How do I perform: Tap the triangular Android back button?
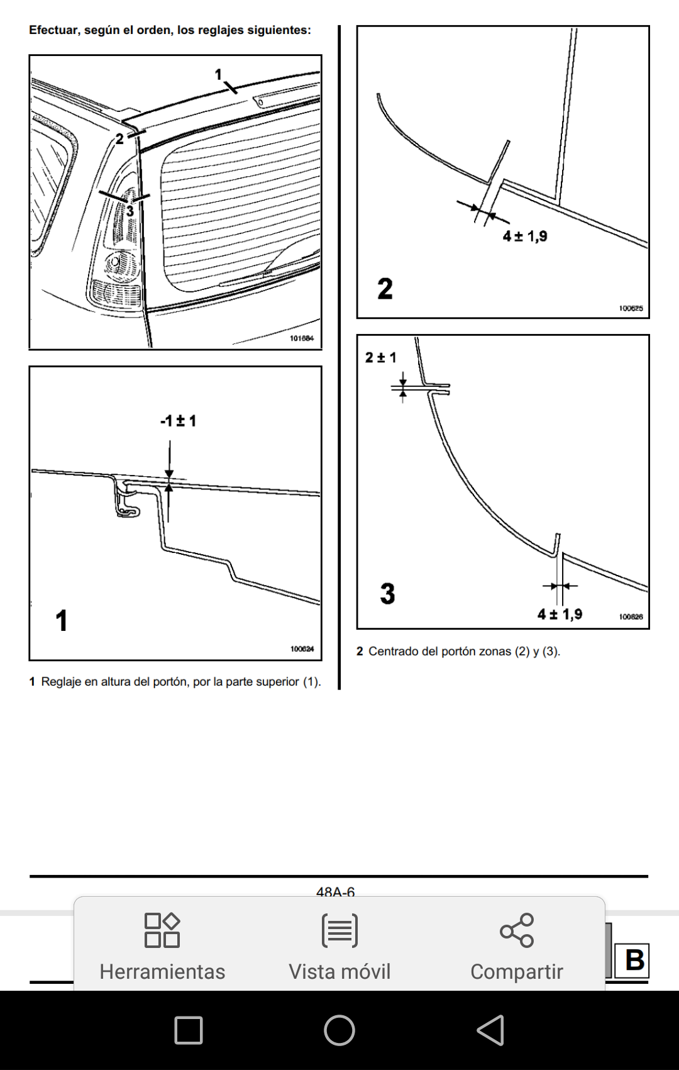[x=491, y=1030]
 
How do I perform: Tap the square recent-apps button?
[x=188, y=1030]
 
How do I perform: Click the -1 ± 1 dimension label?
[x=179, y=421]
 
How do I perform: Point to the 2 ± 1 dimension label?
[x=381, y=358]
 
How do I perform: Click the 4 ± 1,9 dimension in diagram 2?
[x=525, y=237]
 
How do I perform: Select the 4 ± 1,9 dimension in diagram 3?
[x=560, y=615]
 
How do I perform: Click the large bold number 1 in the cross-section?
[x=62, y=620]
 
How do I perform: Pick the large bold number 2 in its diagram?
[x=385, y=289]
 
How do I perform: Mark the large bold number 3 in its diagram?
[x=387, y=594]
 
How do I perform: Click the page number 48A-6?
[x=335, y=892]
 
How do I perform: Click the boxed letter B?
[x=634, y=960]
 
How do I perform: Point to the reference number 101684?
[x=302, y=338]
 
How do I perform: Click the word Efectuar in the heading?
[x=52, y=30]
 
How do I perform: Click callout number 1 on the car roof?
[x=219, y=74]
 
